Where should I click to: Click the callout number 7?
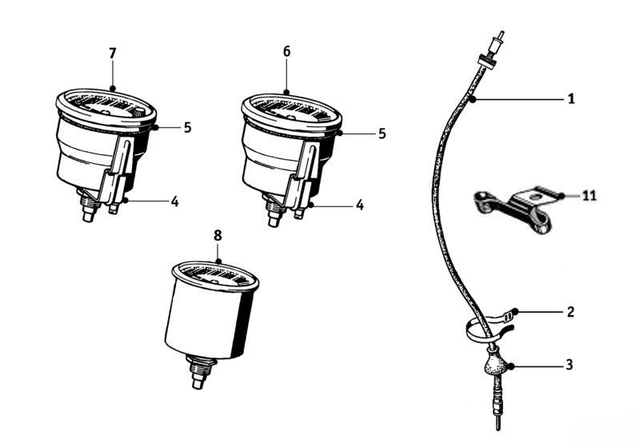pos(113,54)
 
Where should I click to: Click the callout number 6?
pos(286,52)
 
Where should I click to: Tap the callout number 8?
pos(218,236)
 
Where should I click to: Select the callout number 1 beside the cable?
pos(571,98)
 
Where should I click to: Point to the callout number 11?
pos(589,196)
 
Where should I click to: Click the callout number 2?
pos(570,312)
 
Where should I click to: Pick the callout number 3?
pos(569,365)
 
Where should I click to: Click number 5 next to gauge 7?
pos(187,127)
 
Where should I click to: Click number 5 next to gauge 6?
pos(381,134)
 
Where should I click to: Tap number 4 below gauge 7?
pos(174,202)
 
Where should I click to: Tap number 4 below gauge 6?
pos(359,205)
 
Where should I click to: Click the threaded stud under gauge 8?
pos(199,372)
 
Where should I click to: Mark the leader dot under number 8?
pos(218,261)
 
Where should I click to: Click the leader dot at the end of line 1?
pos(473,99)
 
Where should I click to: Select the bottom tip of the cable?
pos(497,429)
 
